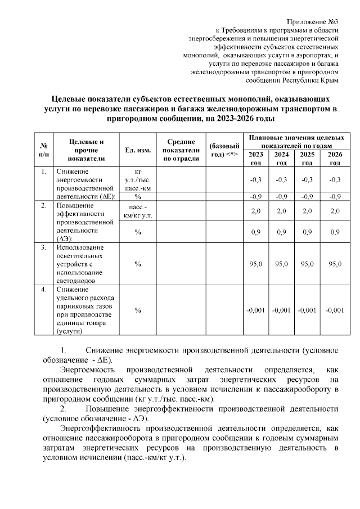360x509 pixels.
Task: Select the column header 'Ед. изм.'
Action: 137,150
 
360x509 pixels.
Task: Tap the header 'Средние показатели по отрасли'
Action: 181,150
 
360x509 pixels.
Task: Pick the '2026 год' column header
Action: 335,159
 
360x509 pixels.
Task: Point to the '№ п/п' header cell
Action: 43,150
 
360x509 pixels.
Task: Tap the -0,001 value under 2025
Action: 307,310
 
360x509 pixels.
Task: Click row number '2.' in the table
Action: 43,206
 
